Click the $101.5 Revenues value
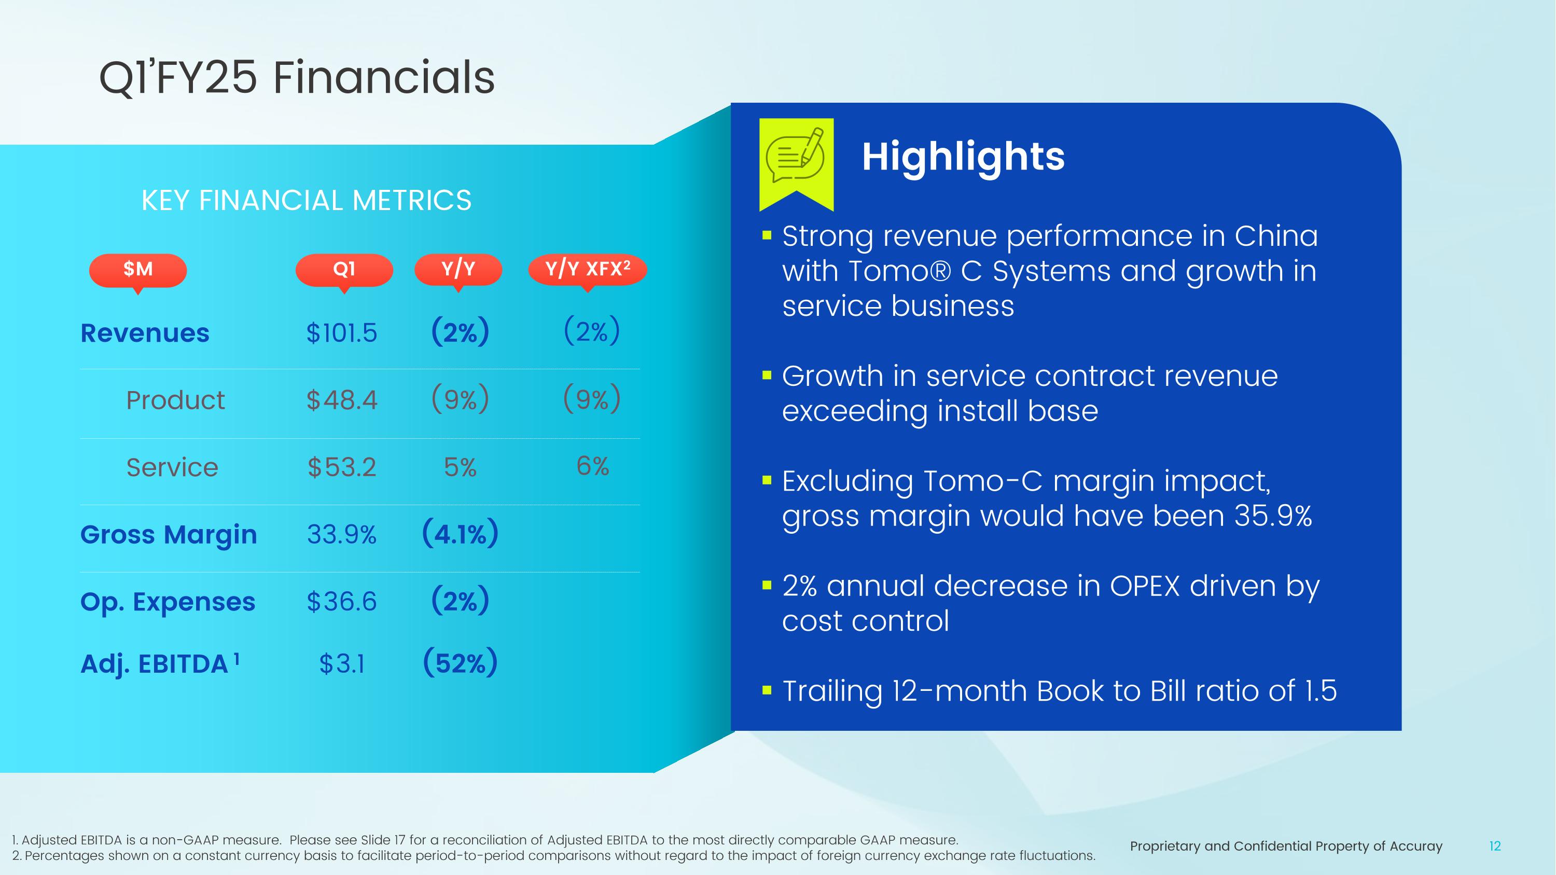[341, 333]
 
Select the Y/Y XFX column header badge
[587, 269]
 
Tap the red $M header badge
[138, 269]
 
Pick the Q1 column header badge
[344, 269]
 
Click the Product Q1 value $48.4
[341, 400]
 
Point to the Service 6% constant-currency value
[592, 466]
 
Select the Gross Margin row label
[169, 534]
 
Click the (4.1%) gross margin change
[460, 534]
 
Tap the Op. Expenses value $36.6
[341, 602]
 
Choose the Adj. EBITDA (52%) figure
[460, 662]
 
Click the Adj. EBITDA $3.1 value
[341, 664]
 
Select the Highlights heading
[963, 157]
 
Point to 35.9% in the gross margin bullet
[1273, 516]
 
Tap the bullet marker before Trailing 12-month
[767, 690]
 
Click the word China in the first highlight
[1276, 235]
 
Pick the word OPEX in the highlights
[1145, 586]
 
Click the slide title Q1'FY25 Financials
[297, 77]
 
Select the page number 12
[1494, 846]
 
